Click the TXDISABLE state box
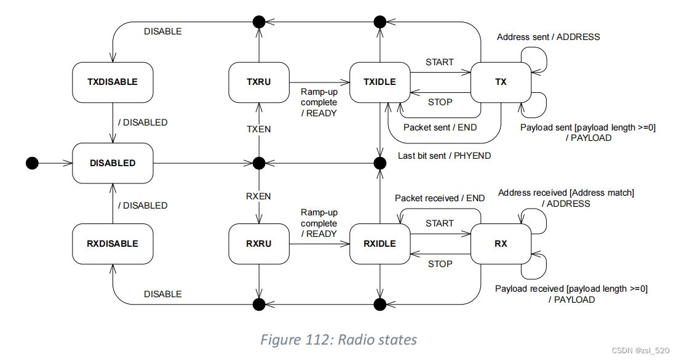[113, 82]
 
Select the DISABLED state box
[113, 163]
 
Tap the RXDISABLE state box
[113, 244]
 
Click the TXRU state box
[259, 82]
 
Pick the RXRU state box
[259, 244]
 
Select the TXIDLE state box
[381, 82]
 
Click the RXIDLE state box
[381, 244]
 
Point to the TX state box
[501, 82]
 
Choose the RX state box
[501, 244]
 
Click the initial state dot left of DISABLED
[32, 163]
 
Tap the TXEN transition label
[259, 129]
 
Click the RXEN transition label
[259, 196]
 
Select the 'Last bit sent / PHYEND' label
[444, 156]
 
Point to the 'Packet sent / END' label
[440, 127]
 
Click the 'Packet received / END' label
[440, 198]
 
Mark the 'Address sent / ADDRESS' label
[548, 37]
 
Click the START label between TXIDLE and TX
[440, 62]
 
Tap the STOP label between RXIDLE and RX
[440, 264]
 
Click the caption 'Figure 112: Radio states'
[339, 340]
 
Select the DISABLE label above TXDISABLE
[163, 31]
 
